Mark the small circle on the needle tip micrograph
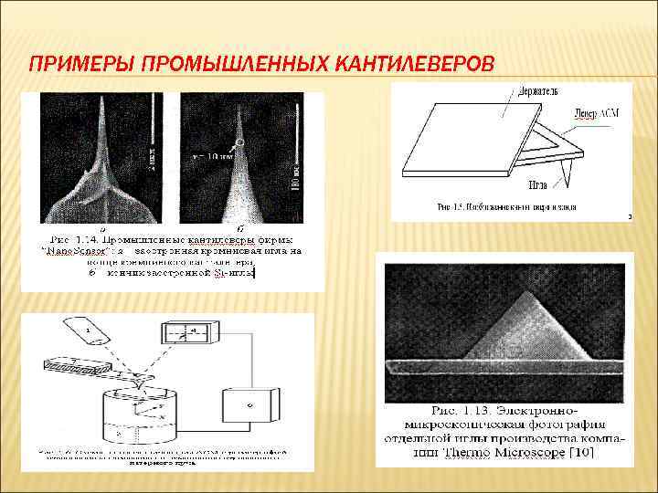(239, 142)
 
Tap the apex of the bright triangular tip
(530, 291)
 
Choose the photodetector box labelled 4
(187, 335)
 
